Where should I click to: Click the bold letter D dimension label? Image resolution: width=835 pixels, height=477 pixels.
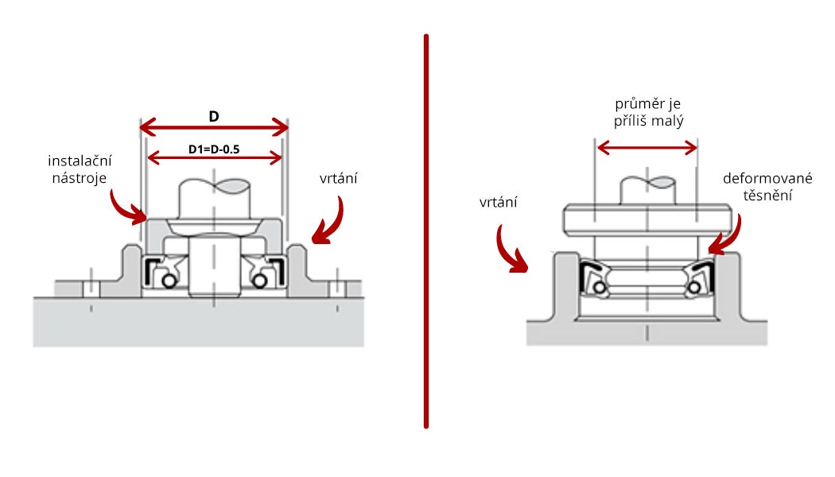pos(213,117)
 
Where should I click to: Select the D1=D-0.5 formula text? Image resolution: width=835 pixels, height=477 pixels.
pos(214,149)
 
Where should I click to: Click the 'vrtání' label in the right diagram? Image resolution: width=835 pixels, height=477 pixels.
pos(499,203)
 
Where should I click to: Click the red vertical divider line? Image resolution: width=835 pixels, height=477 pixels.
pos(426,231)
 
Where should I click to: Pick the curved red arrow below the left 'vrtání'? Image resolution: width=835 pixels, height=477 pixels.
pos(329,220)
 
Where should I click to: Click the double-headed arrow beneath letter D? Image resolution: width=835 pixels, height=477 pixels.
pos(213,127)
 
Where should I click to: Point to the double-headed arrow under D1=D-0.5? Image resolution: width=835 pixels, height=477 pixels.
pos(215,157)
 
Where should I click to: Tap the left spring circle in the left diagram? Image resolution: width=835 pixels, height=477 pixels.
pos(169,281)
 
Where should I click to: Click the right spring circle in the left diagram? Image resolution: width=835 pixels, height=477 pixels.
pos(259,281)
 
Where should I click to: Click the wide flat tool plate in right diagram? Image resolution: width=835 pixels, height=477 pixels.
pos(647,218)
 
